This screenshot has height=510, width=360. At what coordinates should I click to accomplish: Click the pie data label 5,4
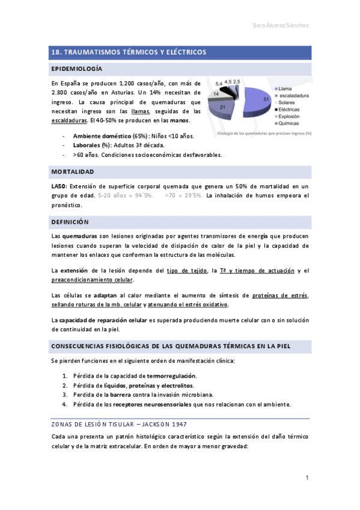[219, 82]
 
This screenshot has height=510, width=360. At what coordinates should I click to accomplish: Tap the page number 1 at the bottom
[307, 478]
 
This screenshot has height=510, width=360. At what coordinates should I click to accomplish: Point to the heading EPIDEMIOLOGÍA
[77, 69]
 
